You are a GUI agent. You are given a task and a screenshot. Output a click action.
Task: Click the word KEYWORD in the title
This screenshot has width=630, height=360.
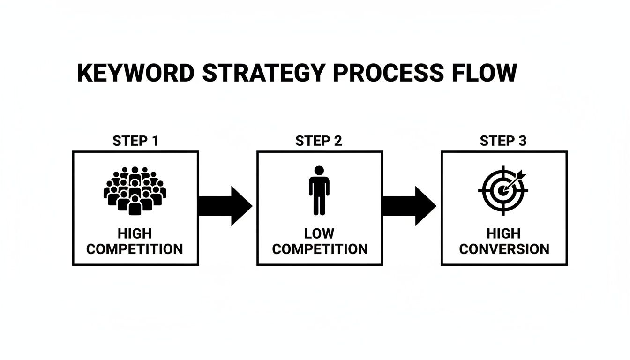coord(135,74)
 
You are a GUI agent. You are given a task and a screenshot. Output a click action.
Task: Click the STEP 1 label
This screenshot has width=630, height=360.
coord(135,141)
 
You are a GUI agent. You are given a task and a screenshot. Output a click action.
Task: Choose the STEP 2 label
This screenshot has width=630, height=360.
coord(319,141)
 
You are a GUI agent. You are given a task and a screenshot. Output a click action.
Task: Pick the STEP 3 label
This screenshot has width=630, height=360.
coord(503,141)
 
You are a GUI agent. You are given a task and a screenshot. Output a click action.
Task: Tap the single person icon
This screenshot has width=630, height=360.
coord(319,190)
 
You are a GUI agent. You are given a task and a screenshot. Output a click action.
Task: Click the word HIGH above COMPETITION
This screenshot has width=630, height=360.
coord(135,234)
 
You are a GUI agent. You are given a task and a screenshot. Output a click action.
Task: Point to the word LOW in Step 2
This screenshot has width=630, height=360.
coord(319,234)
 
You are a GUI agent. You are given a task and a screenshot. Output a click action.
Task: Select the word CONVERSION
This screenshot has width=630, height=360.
coord(504,249)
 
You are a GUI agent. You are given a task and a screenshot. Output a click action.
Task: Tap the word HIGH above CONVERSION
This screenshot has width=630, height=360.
coord(503,234)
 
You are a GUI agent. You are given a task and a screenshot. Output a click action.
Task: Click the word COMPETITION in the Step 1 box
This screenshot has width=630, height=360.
coord(135,249)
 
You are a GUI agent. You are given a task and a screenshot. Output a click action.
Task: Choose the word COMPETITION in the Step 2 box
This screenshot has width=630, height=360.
coord(320,249)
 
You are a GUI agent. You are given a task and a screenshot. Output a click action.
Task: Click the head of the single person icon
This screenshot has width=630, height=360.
coord(319,171)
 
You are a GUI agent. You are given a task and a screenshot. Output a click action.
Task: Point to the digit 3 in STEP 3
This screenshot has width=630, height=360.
coord(523,141)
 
